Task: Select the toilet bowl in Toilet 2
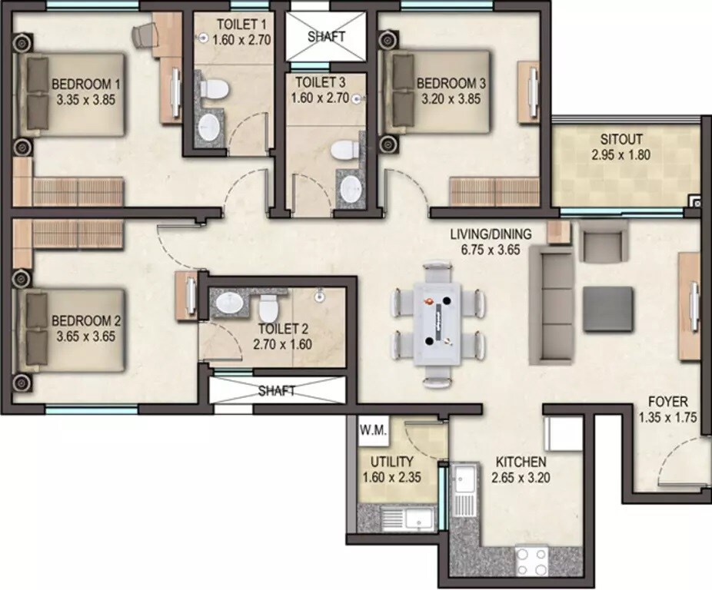point(268,309)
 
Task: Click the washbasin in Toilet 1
point(208,129)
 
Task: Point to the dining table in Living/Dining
point(436,323)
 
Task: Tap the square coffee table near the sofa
point(608,309)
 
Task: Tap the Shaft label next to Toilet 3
point(327,36)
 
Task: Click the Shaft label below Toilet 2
point(277,391)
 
